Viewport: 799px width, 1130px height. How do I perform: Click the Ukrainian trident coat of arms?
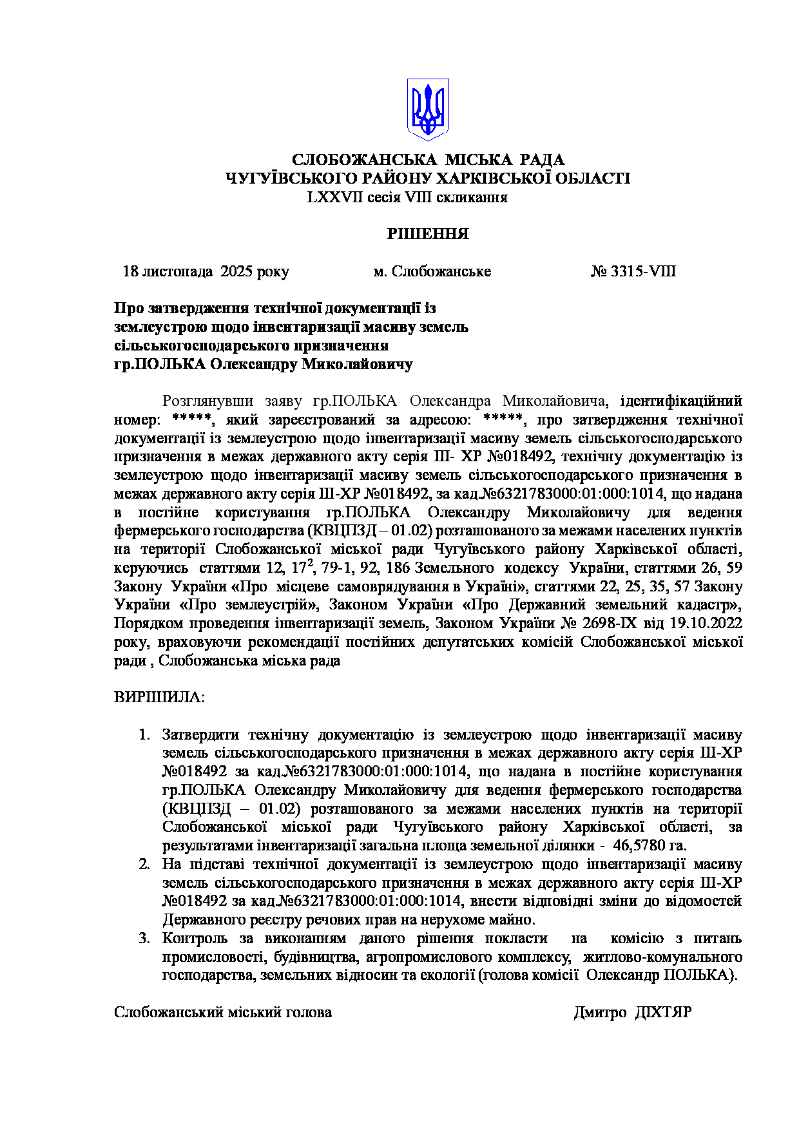pyautogui.click(x=427, y=109)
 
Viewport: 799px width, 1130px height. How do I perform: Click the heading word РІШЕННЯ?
pyautogui.click(x=428, y=234)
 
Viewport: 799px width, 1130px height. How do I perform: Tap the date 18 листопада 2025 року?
pyautogui.click(x=206, y=271)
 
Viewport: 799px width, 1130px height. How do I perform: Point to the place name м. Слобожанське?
pyautogui.click(x=432, y=271)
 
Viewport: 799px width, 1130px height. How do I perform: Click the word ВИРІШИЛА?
pyautogui.click(x=159, y=697)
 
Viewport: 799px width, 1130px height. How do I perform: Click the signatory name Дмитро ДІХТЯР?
pyautogui.click(x=632, y=1012)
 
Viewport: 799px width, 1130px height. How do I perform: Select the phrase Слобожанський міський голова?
pyautogui.click(x=223, y=1012)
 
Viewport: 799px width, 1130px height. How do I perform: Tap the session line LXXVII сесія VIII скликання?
pyautogui.click(x=407, y=197)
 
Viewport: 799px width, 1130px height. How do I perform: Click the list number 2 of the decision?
pyautogui.click(x=144, y=864)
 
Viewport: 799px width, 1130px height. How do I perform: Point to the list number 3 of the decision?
pyautogui.click(x=144, y=938)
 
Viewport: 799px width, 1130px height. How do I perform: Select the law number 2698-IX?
pyautogui.click(x=612, y=623)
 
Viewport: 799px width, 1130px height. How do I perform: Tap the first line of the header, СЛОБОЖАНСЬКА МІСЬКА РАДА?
pyautogui.click(x=428, y=159)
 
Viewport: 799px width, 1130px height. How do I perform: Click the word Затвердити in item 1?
pyautogui.click(x=200, y=734)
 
